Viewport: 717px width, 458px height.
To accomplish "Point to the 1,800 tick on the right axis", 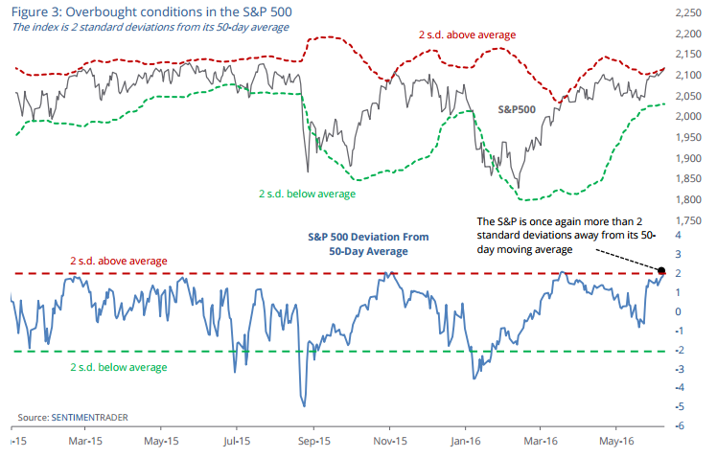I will pos(688,200).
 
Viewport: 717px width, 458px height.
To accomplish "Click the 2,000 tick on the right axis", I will pos(688,117).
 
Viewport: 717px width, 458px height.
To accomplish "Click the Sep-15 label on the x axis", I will pos(312,442).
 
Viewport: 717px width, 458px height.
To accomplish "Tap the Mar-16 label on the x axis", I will pos(540,442).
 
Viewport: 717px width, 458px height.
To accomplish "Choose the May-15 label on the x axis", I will pos(161,442).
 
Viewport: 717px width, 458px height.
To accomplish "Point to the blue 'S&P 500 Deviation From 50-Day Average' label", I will pos(362,243).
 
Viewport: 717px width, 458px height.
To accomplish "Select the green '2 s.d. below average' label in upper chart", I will pos(307,194).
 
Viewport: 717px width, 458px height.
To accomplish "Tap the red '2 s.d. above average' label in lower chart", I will pos(118,261).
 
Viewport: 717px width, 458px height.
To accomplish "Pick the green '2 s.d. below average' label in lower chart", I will pos(118,367).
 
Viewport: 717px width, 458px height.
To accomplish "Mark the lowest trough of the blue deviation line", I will pos(304,405).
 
